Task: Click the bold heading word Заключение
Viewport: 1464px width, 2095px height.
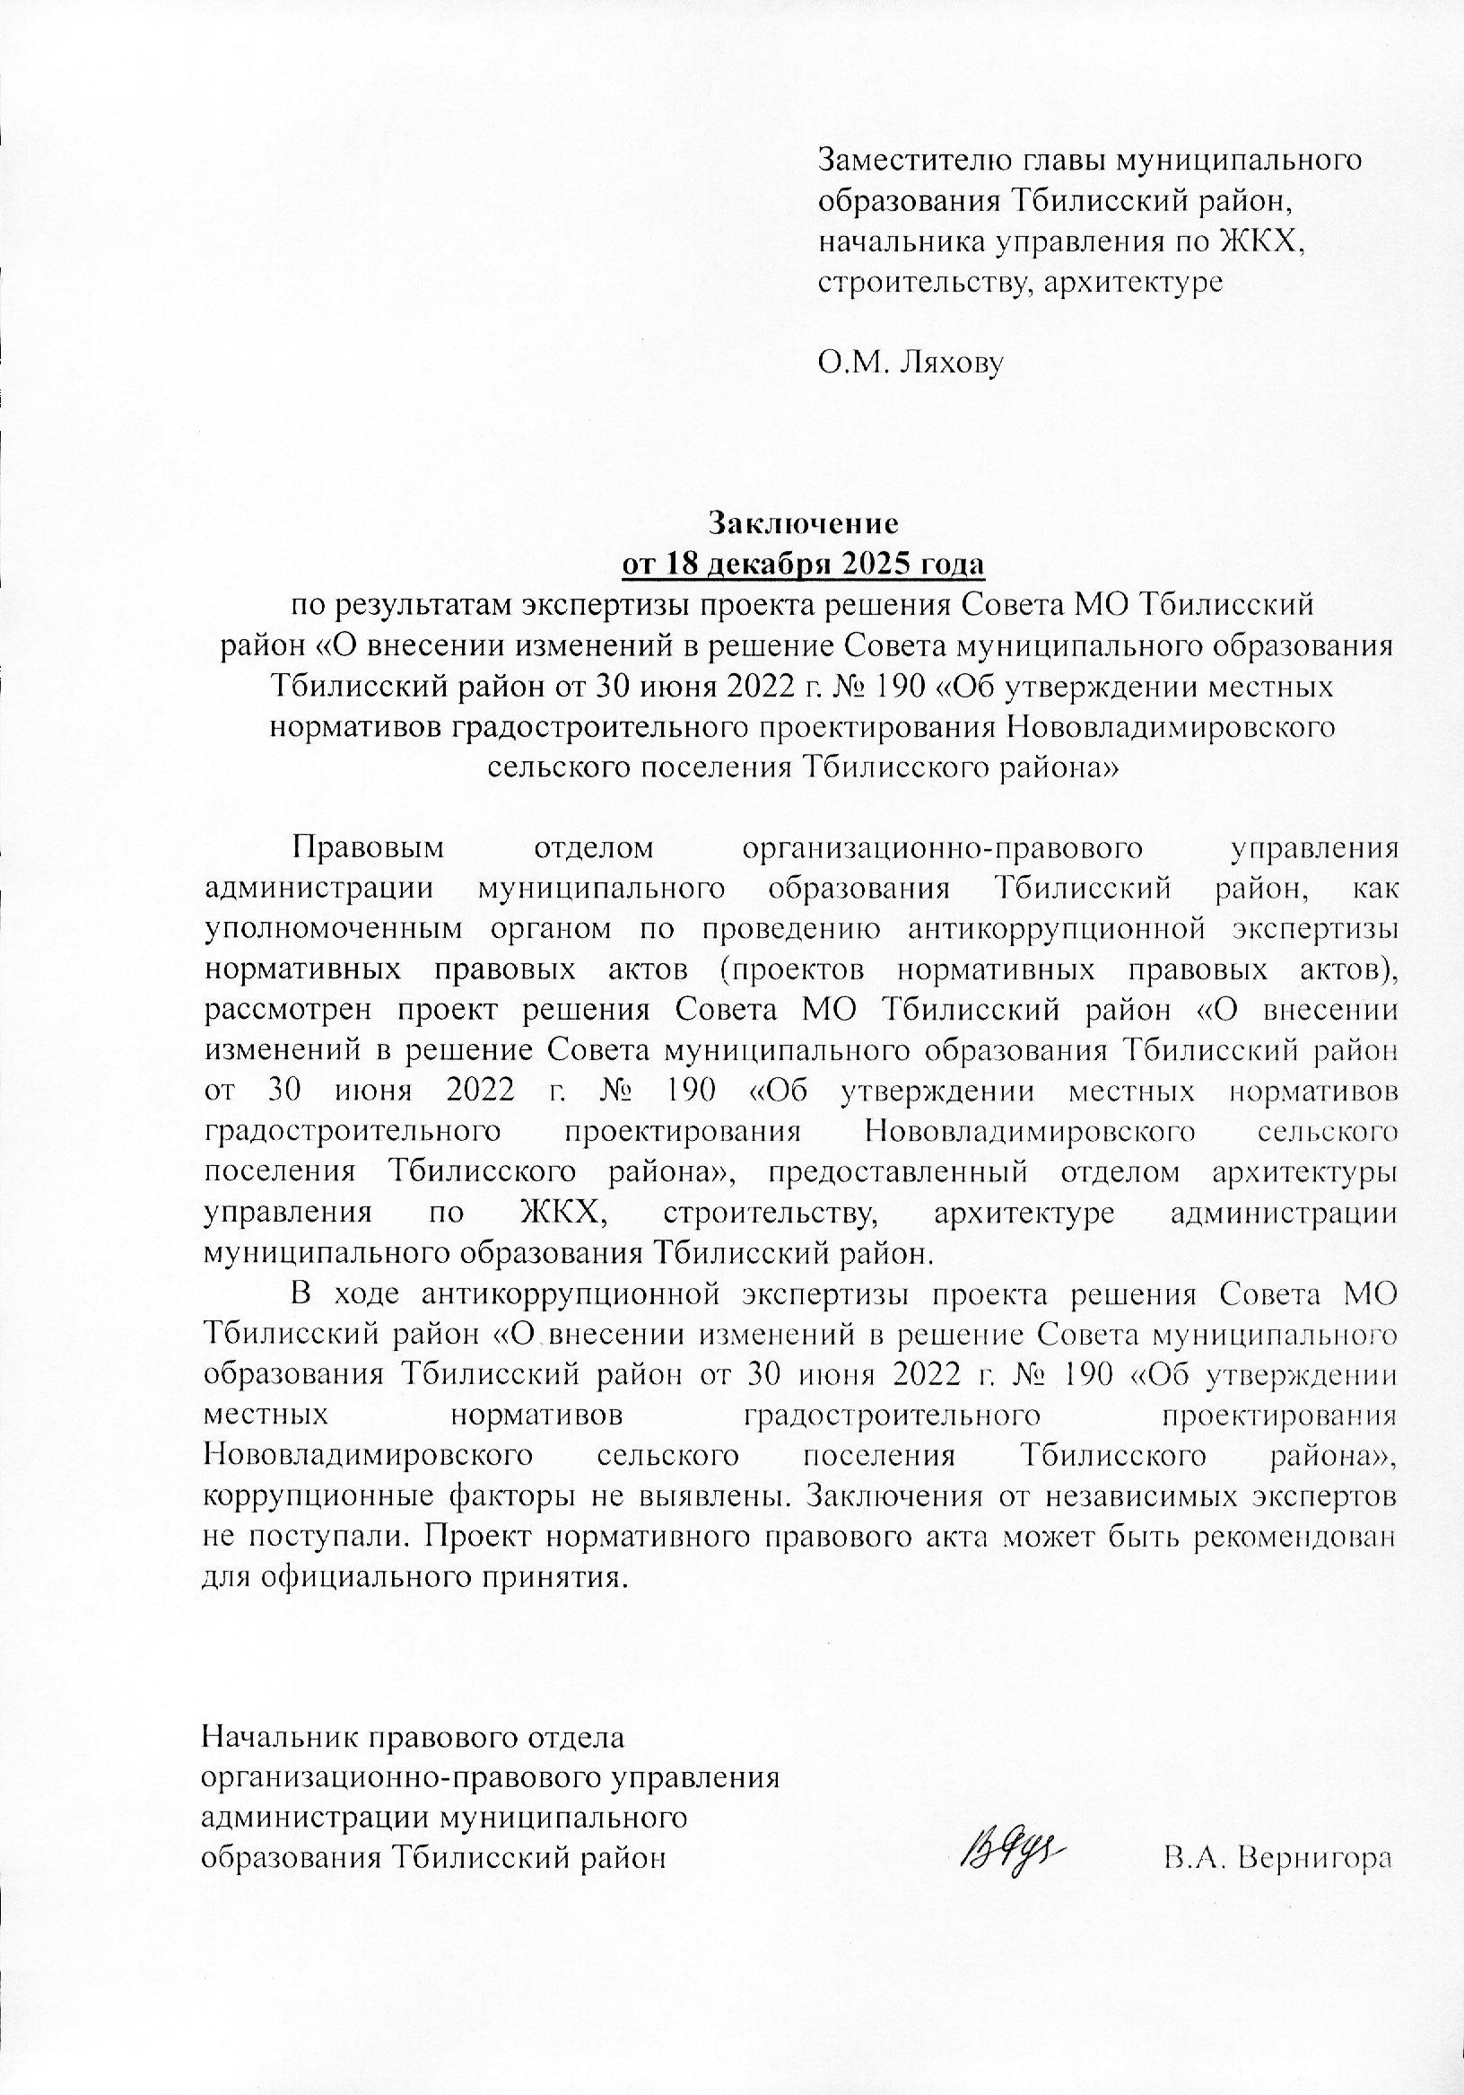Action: pos(805,525)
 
